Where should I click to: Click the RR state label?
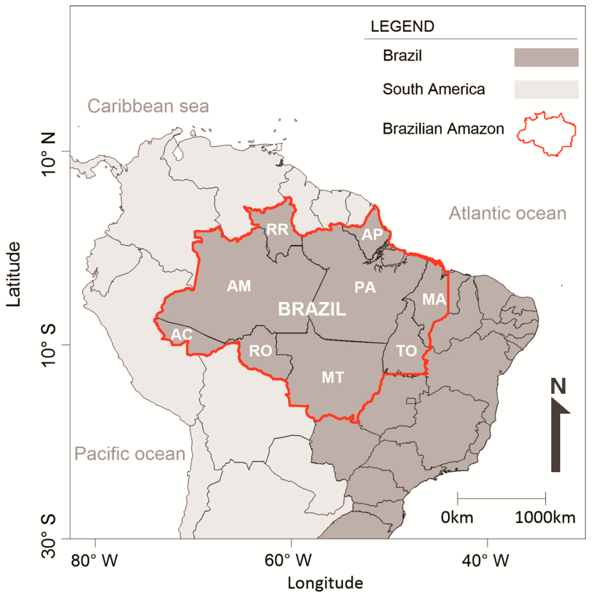tap(277, 229)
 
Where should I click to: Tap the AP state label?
tap(372, 235)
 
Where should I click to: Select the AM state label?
tap(239, 286)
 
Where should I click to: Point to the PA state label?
tap(365, 288)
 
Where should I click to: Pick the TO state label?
tap(406, 351)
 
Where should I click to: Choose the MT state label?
tap(333, 377)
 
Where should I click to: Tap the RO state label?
tap(261, 351)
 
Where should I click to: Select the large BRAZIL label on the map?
tap(312, 309)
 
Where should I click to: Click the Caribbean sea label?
tap(148, 106)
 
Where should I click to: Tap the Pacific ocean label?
tap(130, 454)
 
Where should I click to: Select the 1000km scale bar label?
tap(545, 518)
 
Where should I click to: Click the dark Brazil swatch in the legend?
tap(546, 58)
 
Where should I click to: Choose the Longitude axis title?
tap(325, 583)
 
